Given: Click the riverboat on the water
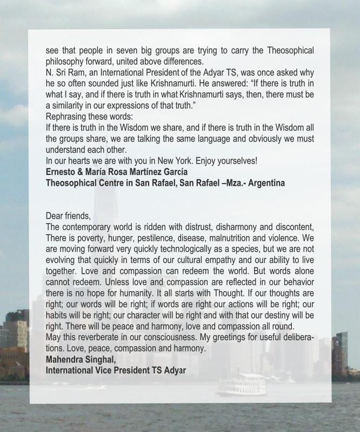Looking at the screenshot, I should coord(242,384).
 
